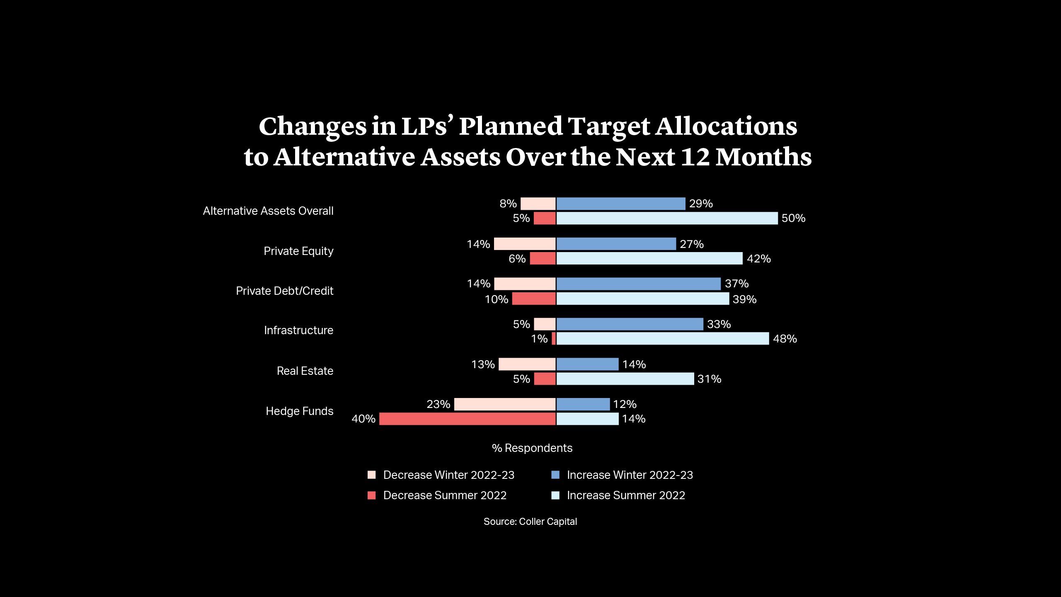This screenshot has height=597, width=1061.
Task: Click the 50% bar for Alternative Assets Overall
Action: coord(667,218)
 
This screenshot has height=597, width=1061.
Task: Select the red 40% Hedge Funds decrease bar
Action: coord(467,419)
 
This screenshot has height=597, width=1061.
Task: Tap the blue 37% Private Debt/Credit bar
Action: coord(638,284)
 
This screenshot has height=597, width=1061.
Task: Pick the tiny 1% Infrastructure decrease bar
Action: coord(554,339)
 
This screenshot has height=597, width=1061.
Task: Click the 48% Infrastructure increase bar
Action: coord(662,339)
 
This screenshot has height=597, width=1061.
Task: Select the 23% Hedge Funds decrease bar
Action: coord(505,404)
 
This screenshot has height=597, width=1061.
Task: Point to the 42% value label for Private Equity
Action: coord(758,259)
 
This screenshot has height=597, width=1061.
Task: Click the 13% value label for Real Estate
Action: coord(483,364)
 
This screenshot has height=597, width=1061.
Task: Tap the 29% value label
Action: coord(701,204)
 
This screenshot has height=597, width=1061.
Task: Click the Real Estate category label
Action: coord(305,371)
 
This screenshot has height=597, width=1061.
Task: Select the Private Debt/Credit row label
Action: coord(284,291)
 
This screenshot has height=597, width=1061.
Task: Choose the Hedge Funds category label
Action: coord(299,411)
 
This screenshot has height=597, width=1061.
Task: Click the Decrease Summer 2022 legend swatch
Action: coord(372,495)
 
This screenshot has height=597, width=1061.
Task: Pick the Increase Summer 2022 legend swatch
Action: coord(555,495)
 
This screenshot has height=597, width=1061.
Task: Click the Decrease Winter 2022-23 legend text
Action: coord(448,475)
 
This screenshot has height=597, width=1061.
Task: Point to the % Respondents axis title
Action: coord(532,448)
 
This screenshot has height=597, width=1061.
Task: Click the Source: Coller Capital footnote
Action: coord(530,522)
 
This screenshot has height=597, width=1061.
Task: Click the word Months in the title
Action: coord(763,158)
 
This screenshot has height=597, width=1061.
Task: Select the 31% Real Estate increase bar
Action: coord(625,379)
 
